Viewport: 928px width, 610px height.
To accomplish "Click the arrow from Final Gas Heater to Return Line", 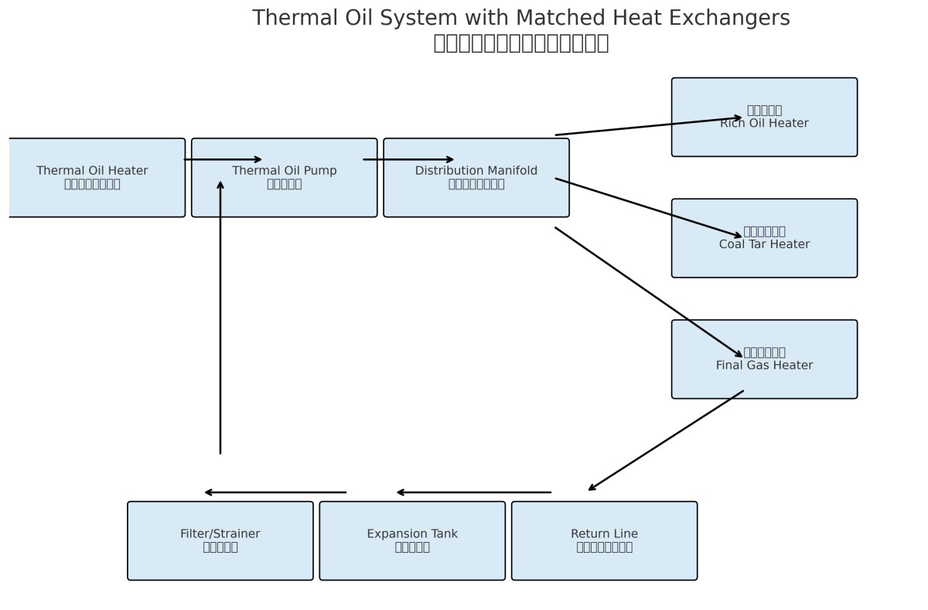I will pyautogui.click(x=666, y=441).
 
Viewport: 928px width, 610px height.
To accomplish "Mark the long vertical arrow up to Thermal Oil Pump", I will pyautogui.click(x=220, y=317).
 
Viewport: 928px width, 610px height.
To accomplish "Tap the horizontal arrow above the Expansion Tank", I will pyautogui.click(x=473, y=492).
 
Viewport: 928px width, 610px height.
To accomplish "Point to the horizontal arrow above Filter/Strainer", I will pyautogui.click(x=275, y=492).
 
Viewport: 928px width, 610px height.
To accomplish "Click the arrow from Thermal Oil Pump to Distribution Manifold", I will pyautogui.click(x=408, y=160).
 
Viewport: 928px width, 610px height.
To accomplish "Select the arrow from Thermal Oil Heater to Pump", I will pyautogui.click(x=223, y=160).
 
